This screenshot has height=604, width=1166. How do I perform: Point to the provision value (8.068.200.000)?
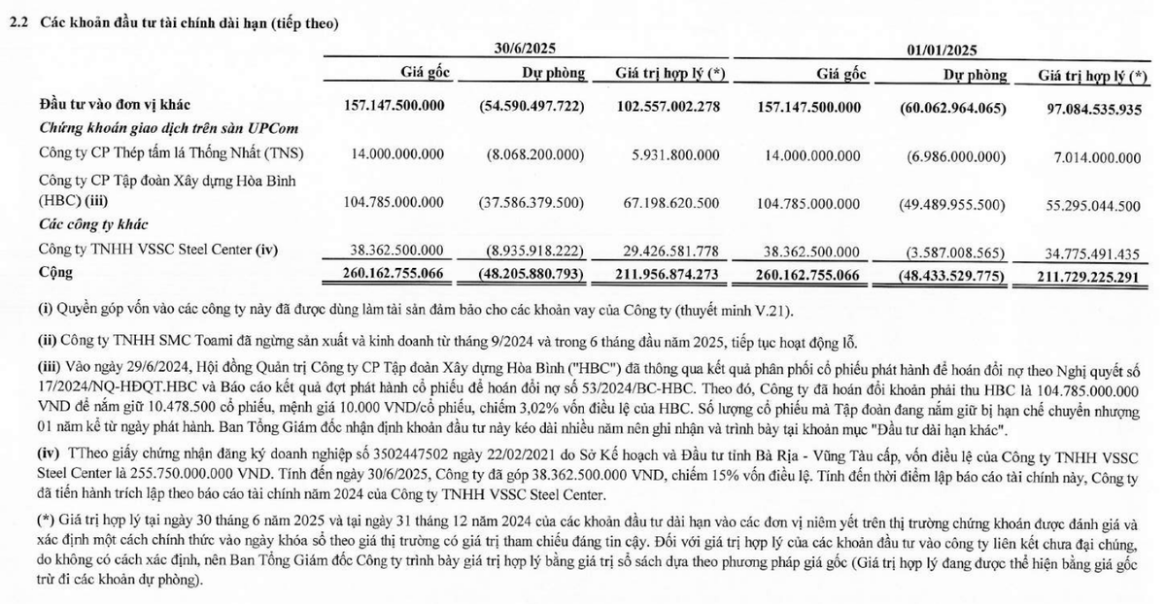coord(534,153)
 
